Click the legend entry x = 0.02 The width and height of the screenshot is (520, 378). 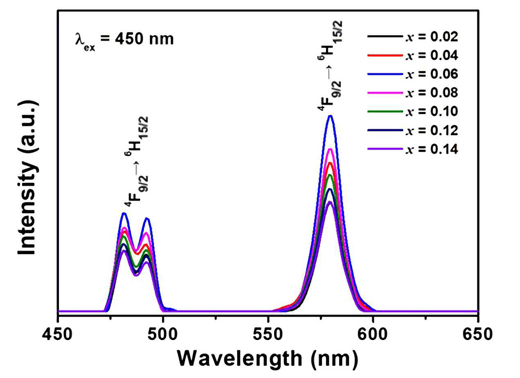[413, 37]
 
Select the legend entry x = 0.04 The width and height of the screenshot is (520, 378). [413, 55]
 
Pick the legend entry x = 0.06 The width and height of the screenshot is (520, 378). [413, 74]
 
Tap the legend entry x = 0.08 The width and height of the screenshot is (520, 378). [413, 93]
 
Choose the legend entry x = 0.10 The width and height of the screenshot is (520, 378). [413, 111]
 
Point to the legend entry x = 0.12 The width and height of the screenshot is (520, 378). [413, 130]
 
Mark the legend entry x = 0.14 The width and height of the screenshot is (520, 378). [413, 149]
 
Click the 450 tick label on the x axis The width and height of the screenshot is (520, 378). [57, 335]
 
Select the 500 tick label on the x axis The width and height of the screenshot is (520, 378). [163, 335]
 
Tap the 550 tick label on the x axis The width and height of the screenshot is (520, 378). [268, 335]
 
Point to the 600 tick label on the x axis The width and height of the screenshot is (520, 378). [373, 335]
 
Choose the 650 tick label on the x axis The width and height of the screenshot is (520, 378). [477, 335]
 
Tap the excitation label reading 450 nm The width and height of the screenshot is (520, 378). [125, 40]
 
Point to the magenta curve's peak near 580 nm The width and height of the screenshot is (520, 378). [330, 149]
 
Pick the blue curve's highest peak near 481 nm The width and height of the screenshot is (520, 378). [124, 213]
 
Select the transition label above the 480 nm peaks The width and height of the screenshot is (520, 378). [136, 162]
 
